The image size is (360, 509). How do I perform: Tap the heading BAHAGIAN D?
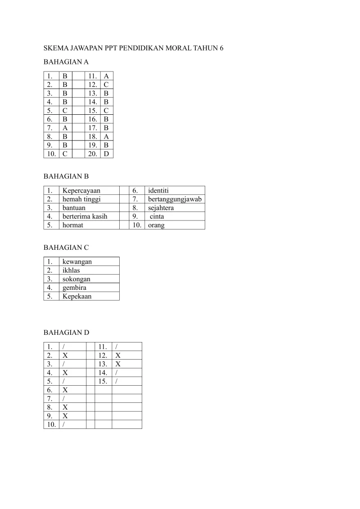point(66,333)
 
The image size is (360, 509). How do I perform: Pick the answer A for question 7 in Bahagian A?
point(65,128)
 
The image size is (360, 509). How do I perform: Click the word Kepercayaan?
point(81,190)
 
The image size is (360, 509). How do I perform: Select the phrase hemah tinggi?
point(81,199)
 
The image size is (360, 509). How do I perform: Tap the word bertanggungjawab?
point(175,199)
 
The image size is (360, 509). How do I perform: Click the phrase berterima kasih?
point(85,216)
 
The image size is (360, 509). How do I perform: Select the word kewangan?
point(77,261)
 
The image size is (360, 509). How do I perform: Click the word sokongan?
point(76,279)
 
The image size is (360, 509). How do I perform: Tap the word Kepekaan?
point(77,297)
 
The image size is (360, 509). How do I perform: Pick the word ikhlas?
point(72,270)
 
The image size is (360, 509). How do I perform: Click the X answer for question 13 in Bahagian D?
point(118,364)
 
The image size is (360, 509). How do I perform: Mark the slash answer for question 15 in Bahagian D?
point(117,381)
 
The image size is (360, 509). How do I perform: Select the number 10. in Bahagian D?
point(51,424)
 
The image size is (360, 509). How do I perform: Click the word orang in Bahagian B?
point(156,225)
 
